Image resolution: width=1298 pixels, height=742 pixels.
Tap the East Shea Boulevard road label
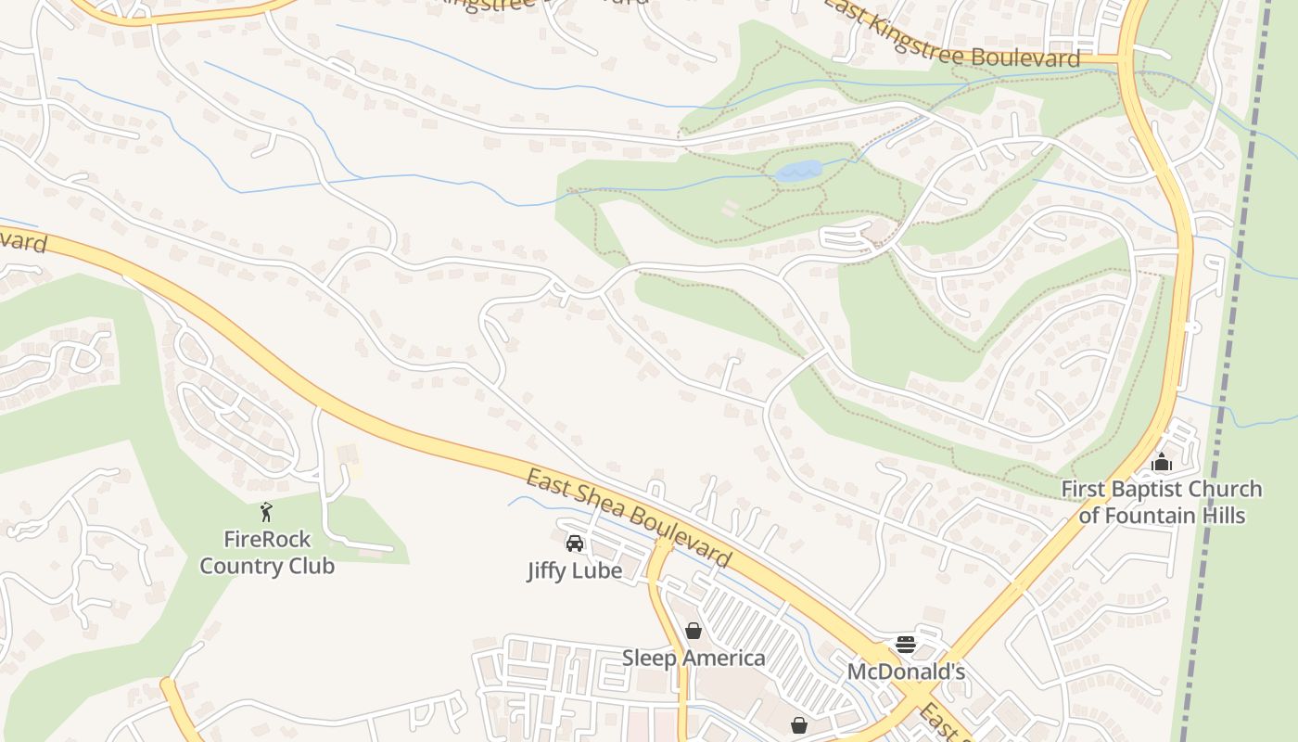point(629,519)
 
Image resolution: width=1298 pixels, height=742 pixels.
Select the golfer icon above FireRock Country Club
point(267,511)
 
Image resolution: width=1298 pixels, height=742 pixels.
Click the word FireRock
point(267,539)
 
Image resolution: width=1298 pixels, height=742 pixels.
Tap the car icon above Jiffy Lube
point(575,544)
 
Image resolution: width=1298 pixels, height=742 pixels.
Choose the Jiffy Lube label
point(575,570)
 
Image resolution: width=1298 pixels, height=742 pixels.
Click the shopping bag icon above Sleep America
point(694,632)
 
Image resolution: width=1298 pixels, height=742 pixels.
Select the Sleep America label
point(694,659)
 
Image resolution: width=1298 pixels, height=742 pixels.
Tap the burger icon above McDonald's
point(906,644)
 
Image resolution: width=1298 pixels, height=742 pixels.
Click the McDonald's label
point(906,671)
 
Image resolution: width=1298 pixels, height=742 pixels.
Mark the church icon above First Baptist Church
point(1162,462)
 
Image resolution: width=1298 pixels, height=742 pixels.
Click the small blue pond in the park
point(798,171)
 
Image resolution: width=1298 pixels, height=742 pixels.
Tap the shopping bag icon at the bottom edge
point(799,725)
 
